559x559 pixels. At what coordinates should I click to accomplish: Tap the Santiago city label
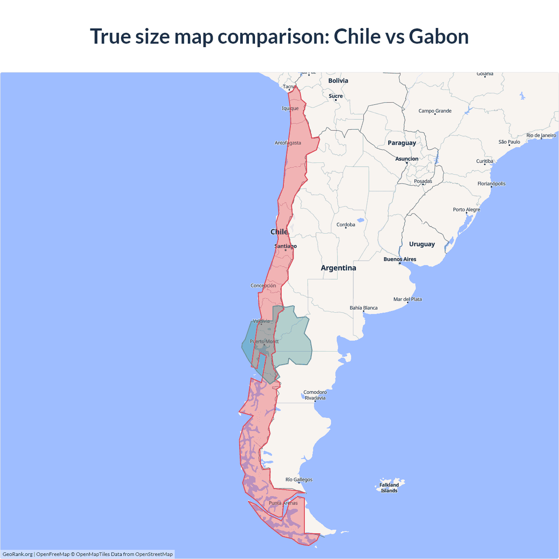[x=285, y=246]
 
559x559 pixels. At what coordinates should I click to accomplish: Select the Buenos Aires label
[x=400, y=259]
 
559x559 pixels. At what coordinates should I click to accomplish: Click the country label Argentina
[x=338, y=268]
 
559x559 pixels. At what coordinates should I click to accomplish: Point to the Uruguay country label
[x=421, y=244]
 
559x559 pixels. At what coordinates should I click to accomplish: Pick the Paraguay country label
[x=401, y=143]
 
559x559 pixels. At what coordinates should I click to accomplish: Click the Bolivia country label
[x=338, y=81]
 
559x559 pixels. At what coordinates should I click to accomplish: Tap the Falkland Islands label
[x=389, y=488]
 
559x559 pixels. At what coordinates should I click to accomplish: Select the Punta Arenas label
[x=283, y=503]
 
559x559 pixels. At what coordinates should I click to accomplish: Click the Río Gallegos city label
[x=299, y=480]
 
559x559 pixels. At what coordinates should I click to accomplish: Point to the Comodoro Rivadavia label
[x=315, y=395]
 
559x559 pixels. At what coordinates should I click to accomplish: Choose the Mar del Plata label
[x=407, y=299]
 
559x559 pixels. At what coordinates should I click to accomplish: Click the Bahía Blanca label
[x=363, y=308]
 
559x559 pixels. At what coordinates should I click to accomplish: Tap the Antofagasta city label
[x=287, y=143]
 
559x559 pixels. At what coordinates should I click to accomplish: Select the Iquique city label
[x=290, y=108]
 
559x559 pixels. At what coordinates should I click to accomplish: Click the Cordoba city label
[x=345, y=225]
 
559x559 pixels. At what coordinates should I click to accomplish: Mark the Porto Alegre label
[x=466, y=210]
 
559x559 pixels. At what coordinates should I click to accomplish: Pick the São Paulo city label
[x=509, y=142]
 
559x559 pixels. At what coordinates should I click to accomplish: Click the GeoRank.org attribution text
[x=17, y=554]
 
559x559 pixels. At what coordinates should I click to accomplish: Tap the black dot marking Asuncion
[x=407, y=163]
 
